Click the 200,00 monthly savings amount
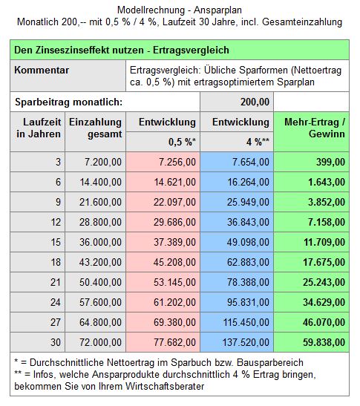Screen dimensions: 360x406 tap(255, 102)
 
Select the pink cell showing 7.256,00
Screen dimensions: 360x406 tap(163, 162)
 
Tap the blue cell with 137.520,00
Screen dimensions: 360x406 tap(237, 342)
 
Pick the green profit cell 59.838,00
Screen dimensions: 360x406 tap(311, 342)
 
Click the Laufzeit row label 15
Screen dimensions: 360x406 tap(56, 242)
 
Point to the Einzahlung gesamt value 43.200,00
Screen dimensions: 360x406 tap(100, 262)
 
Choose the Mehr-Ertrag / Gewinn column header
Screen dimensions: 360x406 tap(315, 128)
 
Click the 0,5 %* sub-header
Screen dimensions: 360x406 tap(182, 142)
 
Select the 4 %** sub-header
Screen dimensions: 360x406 tap(258, 142)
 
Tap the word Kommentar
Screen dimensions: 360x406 tap(42, 71)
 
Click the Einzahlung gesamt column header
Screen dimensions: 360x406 tap(95, 128)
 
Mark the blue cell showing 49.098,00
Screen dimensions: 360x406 tap(237, 242)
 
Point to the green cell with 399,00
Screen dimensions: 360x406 tap(311, 162)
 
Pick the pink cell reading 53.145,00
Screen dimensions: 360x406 tap(163, 282)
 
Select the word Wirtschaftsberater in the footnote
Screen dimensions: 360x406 tap(165, 386)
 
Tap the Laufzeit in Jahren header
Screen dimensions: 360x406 tap(39, 128)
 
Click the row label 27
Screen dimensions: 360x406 tap(56, 322)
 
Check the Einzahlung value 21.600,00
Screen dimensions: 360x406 tap(100, 202)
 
